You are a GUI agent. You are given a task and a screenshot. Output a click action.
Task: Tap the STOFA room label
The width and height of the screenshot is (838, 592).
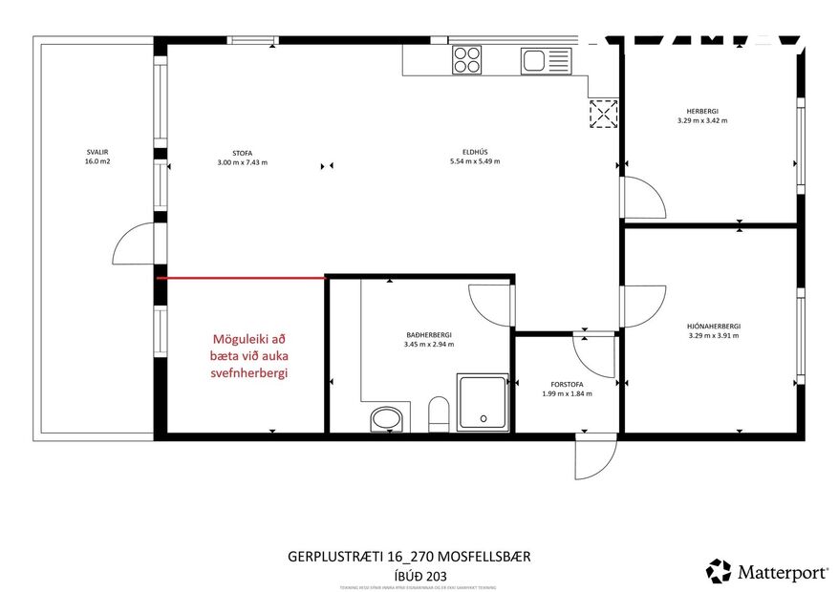click(x=242, y=157)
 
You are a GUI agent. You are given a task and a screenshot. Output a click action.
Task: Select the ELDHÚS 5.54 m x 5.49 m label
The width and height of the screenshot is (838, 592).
click(x=475, y=157)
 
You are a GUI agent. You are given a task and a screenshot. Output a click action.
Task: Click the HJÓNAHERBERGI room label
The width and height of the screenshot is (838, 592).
click(x=714, y=330)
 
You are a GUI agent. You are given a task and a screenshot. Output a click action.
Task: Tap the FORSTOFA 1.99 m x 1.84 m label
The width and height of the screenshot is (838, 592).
click(x=567, y=389)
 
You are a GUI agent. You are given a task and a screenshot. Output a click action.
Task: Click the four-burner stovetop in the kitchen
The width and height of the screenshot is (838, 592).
click(x=467, y=60)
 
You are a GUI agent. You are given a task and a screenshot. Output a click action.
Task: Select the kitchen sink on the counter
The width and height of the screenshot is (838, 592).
click(x=544, y=61)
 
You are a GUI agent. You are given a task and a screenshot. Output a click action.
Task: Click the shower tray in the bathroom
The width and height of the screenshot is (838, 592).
click(x=484, y=401)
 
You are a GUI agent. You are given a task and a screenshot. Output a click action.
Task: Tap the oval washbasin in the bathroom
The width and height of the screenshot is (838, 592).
click(x=387, y=418)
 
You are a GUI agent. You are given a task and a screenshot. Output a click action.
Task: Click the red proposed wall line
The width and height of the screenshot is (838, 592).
click(x=241, y=278)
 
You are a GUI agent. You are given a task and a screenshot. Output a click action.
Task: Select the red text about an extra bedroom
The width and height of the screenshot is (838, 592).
click(x=249, y=356)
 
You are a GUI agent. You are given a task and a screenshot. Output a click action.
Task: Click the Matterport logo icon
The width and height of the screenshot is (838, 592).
click(x=718, y=571)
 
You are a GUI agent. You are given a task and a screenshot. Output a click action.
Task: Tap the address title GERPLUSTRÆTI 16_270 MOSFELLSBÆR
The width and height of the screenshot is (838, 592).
click(x=409, y=556)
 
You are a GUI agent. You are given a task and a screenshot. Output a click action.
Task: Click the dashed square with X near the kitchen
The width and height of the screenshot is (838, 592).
click(x=603, y=115)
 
